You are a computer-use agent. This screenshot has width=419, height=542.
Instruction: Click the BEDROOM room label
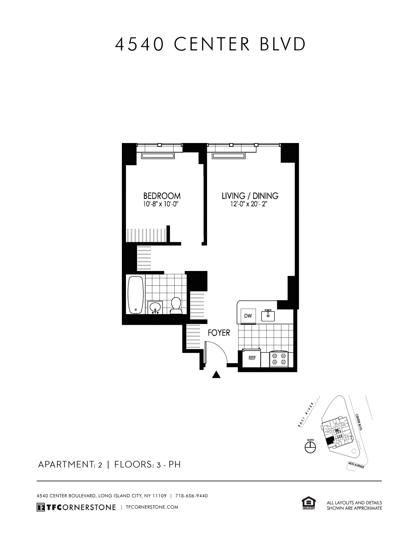[x=162, y=196]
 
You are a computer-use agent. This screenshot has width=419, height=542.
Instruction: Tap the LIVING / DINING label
[x=250, y=196]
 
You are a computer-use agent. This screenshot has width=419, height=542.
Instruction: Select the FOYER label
[x=219, y=333]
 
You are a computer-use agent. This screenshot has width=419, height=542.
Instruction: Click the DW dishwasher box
[x=248, y=316]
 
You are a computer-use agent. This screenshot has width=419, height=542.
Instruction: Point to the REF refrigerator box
[x=252, y=358]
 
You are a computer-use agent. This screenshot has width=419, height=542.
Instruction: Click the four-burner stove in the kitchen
[x=279, y=359]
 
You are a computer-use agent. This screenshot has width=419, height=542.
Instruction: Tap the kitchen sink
[x=268, y=315]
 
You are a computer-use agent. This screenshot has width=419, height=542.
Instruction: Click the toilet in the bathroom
[x=176, y=306]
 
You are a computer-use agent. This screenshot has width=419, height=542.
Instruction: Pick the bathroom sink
[x=156, y=307]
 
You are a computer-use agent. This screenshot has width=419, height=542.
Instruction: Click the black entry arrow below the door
[x=216, y=375]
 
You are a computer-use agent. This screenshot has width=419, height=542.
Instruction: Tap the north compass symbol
[x=310, y=447]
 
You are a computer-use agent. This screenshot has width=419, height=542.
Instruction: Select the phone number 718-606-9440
[x=191, y=496]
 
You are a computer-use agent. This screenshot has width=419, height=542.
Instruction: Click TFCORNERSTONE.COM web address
[x=152, y=507]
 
